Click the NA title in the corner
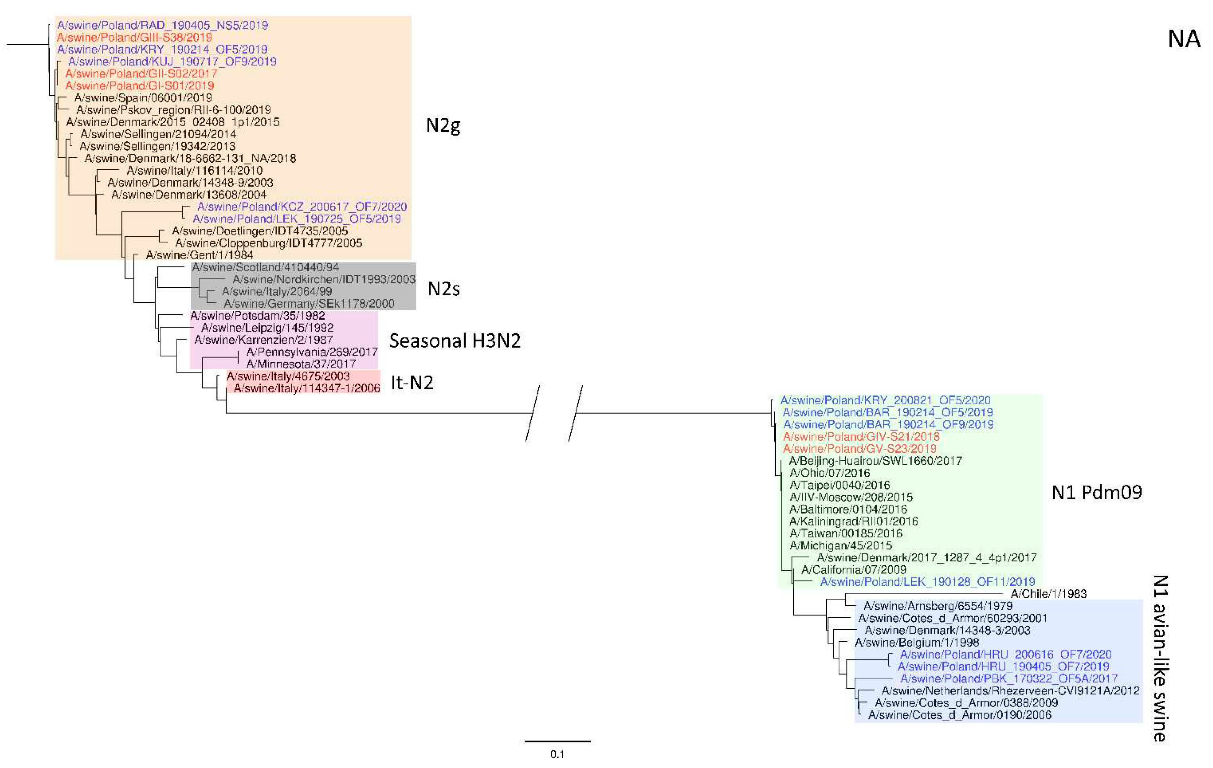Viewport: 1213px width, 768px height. (1184, 39)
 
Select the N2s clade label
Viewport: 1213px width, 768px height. (443, 289)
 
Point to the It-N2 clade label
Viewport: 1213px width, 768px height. (411, 383)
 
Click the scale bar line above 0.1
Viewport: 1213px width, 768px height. (557, 741)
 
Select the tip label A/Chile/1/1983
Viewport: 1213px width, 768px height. (1048, 594)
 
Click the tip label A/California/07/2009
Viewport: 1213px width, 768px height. (853, 569)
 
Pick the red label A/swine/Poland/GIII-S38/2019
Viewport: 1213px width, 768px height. (134, 37)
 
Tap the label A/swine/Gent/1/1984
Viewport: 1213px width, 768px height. (199, 255)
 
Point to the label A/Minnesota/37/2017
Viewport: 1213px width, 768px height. (301, 364)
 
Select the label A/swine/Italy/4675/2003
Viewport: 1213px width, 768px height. (288, 376)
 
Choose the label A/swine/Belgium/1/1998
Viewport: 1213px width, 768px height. (917, 643)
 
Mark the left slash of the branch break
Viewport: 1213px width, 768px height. (533, 413)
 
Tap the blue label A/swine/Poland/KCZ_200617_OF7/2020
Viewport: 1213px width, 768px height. (302, 206)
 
